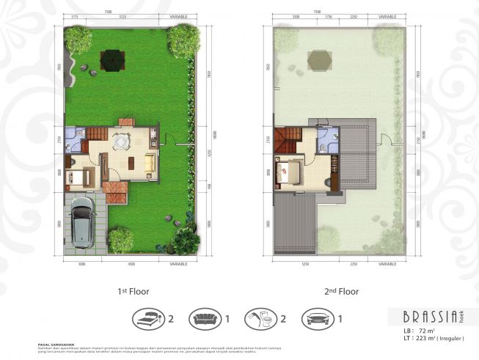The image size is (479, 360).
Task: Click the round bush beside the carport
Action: point(121,239)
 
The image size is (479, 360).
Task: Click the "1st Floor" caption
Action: point(133,291)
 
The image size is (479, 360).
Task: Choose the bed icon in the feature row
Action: point(149,319)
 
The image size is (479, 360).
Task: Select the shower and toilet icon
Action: point(262,319)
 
